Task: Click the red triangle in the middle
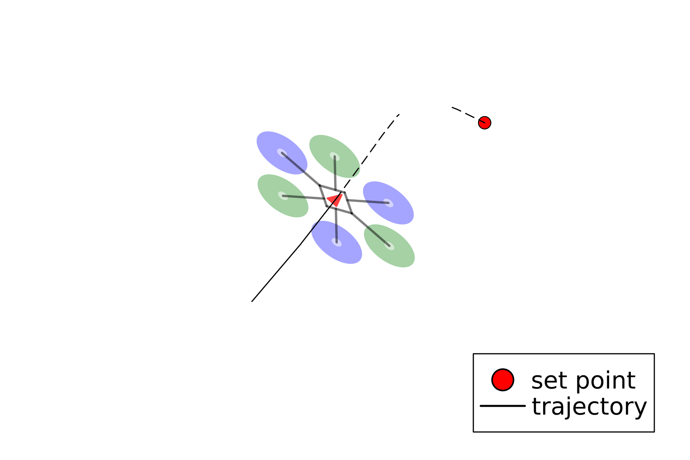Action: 335,200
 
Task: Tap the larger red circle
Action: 503,380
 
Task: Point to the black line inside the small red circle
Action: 482,122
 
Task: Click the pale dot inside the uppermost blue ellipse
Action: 282,153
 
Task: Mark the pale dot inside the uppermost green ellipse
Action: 335,156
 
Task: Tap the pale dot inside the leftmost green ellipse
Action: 283,195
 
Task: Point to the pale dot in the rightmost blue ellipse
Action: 388,203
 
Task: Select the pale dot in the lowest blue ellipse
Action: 337,242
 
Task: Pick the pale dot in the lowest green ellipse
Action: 389,246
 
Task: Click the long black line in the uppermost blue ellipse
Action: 294,162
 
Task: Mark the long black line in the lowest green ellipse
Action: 378,236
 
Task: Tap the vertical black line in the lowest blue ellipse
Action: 337,232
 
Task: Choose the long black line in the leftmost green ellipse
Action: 294,197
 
